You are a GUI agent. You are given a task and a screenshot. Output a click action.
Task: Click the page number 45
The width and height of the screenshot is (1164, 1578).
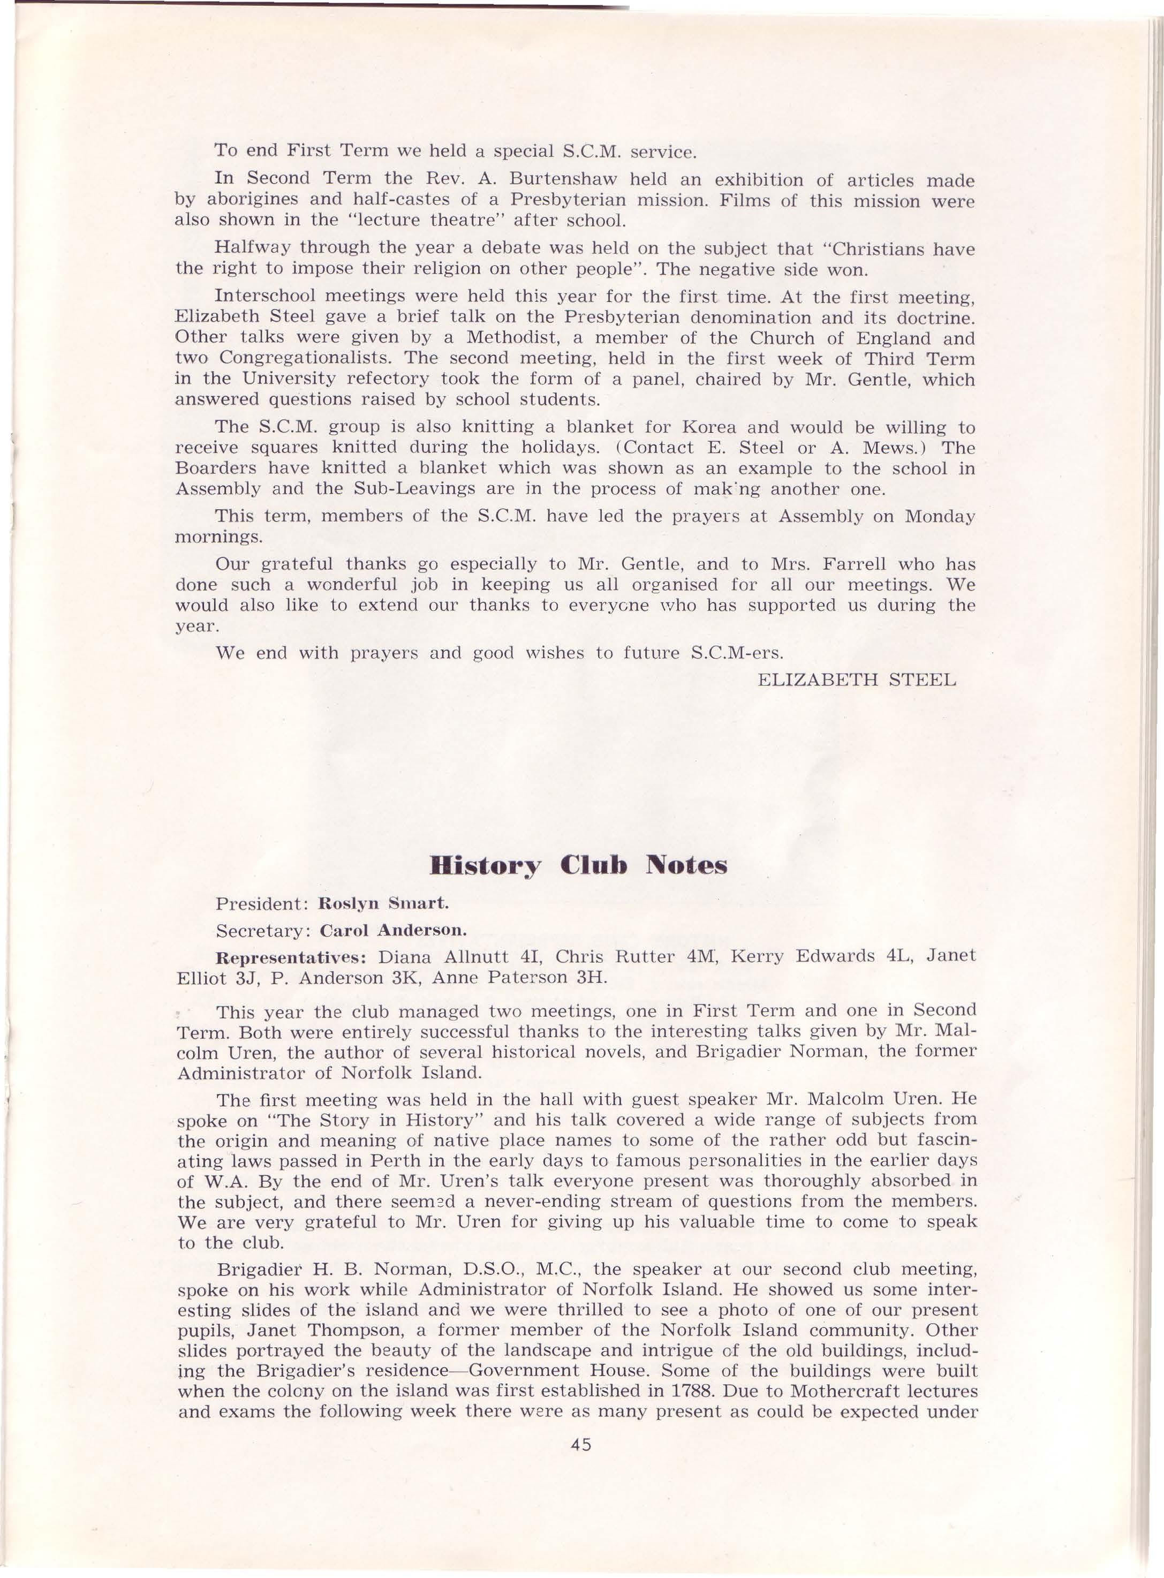point(581,1498)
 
